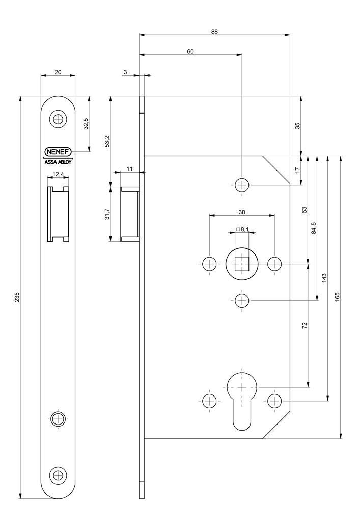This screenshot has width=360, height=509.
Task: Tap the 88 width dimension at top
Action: click(x=214, y=31)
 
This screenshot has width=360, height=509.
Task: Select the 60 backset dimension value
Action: click(x=190, y=51)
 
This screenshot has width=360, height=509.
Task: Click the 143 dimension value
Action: click(x=324, y=277)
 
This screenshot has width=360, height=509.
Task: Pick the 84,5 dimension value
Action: click(x=314, y=228)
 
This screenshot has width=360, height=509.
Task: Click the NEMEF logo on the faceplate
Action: click(x=58, y=152)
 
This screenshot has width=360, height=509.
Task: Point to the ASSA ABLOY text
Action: click(x=58, y=163)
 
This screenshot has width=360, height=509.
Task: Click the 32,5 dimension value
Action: click(x=86, y=124)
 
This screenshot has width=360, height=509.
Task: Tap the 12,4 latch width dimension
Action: click(x=58, y=174)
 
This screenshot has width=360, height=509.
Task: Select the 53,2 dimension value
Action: click(x=106, y=141)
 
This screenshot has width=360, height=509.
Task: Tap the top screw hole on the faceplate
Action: click(x=58, y=120)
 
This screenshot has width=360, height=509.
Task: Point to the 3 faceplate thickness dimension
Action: click(x=125, y=72)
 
